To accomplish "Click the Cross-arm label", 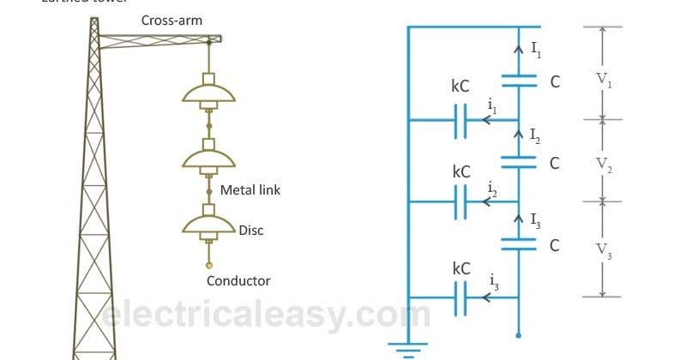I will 171,20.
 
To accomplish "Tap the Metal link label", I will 250,189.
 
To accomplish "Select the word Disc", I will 252,230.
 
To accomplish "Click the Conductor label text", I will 238,280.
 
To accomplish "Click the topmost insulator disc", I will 208,93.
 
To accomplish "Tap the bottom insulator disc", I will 208,224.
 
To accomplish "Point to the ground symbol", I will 408,349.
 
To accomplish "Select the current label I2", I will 535,135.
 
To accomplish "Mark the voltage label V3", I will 605,250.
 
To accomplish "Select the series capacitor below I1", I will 518,81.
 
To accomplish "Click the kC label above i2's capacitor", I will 460,171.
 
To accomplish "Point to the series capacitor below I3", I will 518,245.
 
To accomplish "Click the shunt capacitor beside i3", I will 460,297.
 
